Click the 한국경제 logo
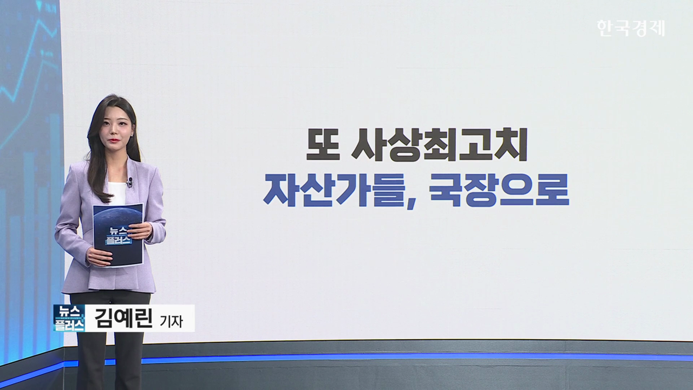631,28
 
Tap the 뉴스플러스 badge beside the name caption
69,318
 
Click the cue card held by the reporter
118,235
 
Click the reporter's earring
133,135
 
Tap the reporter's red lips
115,140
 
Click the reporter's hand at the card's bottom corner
100,257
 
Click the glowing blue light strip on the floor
402,358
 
